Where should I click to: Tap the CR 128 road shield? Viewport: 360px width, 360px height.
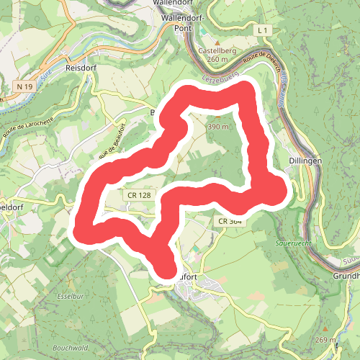[138, 195]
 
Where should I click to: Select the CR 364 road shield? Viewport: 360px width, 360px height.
[228, 222]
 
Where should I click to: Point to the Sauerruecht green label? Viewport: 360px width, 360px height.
[292, 243]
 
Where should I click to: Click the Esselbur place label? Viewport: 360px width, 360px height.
[70, 295]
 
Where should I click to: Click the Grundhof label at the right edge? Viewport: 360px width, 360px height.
[346, 276]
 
